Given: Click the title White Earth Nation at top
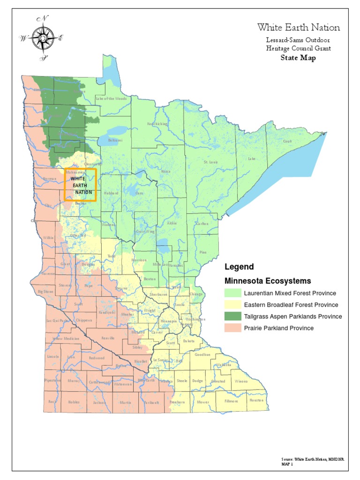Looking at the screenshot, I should [298, 28].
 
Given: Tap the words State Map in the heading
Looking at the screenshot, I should [298, 58].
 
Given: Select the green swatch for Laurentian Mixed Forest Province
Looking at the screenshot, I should [233, 293].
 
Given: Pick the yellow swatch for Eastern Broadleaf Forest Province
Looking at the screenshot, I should [233, 305].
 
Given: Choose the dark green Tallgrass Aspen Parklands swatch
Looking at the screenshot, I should [233, 316].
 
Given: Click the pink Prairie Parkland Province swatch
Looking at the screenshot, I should [233, 328].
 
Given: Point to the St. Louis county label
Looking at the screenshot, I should [210, 162].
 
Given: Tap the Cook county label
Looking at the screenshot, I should [287, 141].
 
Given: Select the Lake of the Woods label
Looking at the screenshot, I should [111, 98].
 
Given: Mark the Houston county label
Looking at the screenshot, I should [256, 401].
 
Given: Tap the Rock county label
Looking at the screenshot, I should [52, 402].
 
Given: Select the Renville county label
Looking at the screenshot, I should [107, 338].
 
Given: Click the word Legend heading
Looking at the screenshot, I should [239, 267].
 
